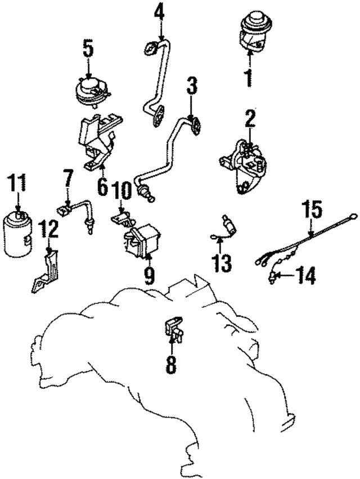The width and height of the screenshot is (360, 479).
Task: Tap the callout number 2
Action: pos(250,119)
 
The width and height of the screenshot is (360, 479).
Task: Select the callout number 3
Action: pos(192,87)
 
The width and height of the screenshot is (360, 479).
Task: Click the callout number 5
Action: pos(88,50)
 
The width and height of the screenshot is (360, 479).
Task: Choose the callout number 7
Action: pos(68,180)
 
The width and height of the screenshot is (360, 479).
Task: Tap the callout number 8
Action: pos(170,365)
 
